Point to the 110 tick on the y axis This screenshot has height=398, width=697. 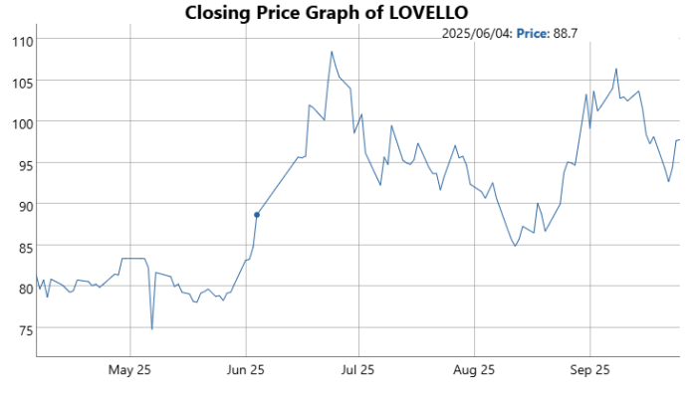[20, 40]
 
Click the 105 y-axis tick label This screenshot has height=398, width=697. [20, 82]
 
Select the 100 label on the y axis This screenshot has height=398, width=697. [20, 122]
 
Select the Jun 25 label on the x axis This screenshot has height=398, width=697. [246, 370]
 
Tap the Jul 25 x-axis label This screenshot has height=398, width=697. [358, 370]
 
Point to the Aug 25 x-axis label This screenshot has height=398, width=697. [474, 370]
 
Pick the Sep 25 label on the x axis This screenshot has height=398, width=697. [588, 370]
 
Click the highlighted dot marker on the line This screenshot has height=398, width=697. [257, 215]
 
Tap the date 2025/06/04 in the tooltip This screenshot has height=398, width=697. [477, 34]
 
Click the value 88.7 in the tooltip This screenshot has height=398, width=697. [566, 34]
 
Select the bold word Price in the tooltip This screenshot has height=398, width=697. [533, 34]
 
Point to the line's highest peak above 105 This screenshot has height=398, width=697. [332, 52]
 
